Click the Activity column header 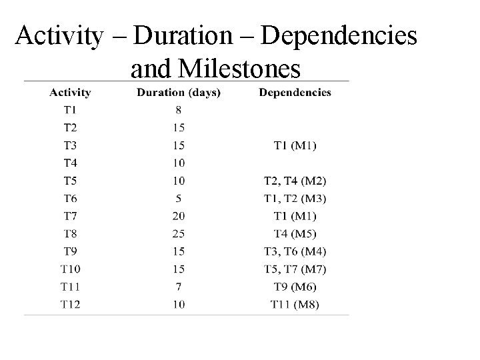click(x=71, y=93)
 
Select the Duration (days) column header click(x=179, y=93)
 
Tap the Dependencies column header click(x=295, y=93)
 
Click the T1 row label click(x=70, y=109)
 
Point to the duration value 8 click(x=179, y=109)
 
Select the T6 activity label click(x=70, y=198)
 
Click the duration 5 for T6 click(x=179, y=198)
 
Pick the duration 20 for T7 click(x=179, y=216)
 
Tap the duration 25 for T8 click(x=179, y=233)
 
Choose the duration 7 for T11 click(x=179, y=287)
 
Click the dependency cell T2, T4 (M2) click(x=295, y=181)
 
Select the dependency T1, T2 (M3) click(x=295, y=198)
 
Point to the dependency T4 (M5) click(x=295, y=233)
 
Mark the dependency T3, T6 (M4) click(x=295, y=251)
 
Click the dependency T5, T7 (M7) click(x=295, y=269)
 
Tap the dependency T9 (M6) click(x=295, y=287)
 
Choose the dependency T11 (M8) click(x=295, y=305)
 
